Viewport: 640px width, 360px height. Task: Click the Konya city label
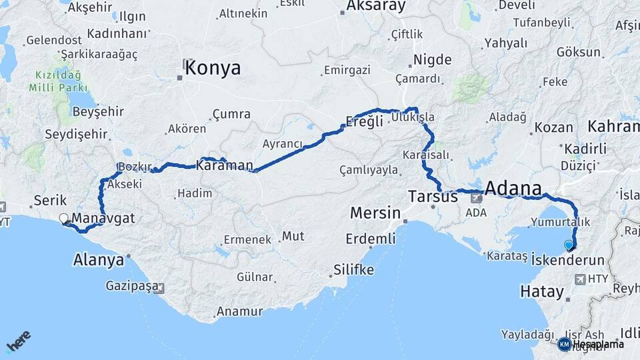(213, 68)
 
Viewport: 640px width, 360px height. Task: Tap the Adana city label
(513, 188)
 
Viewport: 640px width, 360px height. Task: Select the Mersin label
(375, 215)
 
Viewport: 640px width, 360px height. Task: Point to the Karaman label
(225, 165)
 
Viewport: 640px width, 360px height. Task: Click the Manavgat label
(103, 218)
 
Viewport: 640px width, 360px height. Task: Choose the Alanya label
(99, 260)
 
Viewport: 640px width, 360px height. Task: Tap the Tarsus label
(433, 197)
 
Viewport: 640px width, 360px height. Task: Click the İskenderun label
(569, 260)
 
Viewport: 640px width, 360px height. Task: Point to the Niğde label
(433, 60)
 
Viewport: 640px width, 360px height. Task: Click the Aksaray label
(376, 7)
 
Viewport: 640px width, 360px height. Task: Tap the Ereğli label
(364, 121)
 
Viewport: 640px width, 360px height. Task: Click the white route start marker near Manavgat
(65, 218)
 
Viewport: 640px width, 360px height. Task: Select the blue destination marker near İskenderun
(569, 245)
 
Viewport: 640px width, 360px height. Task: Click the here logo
(18, 342)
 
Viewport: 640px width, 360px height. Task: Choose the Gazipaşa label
(132, 286)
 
